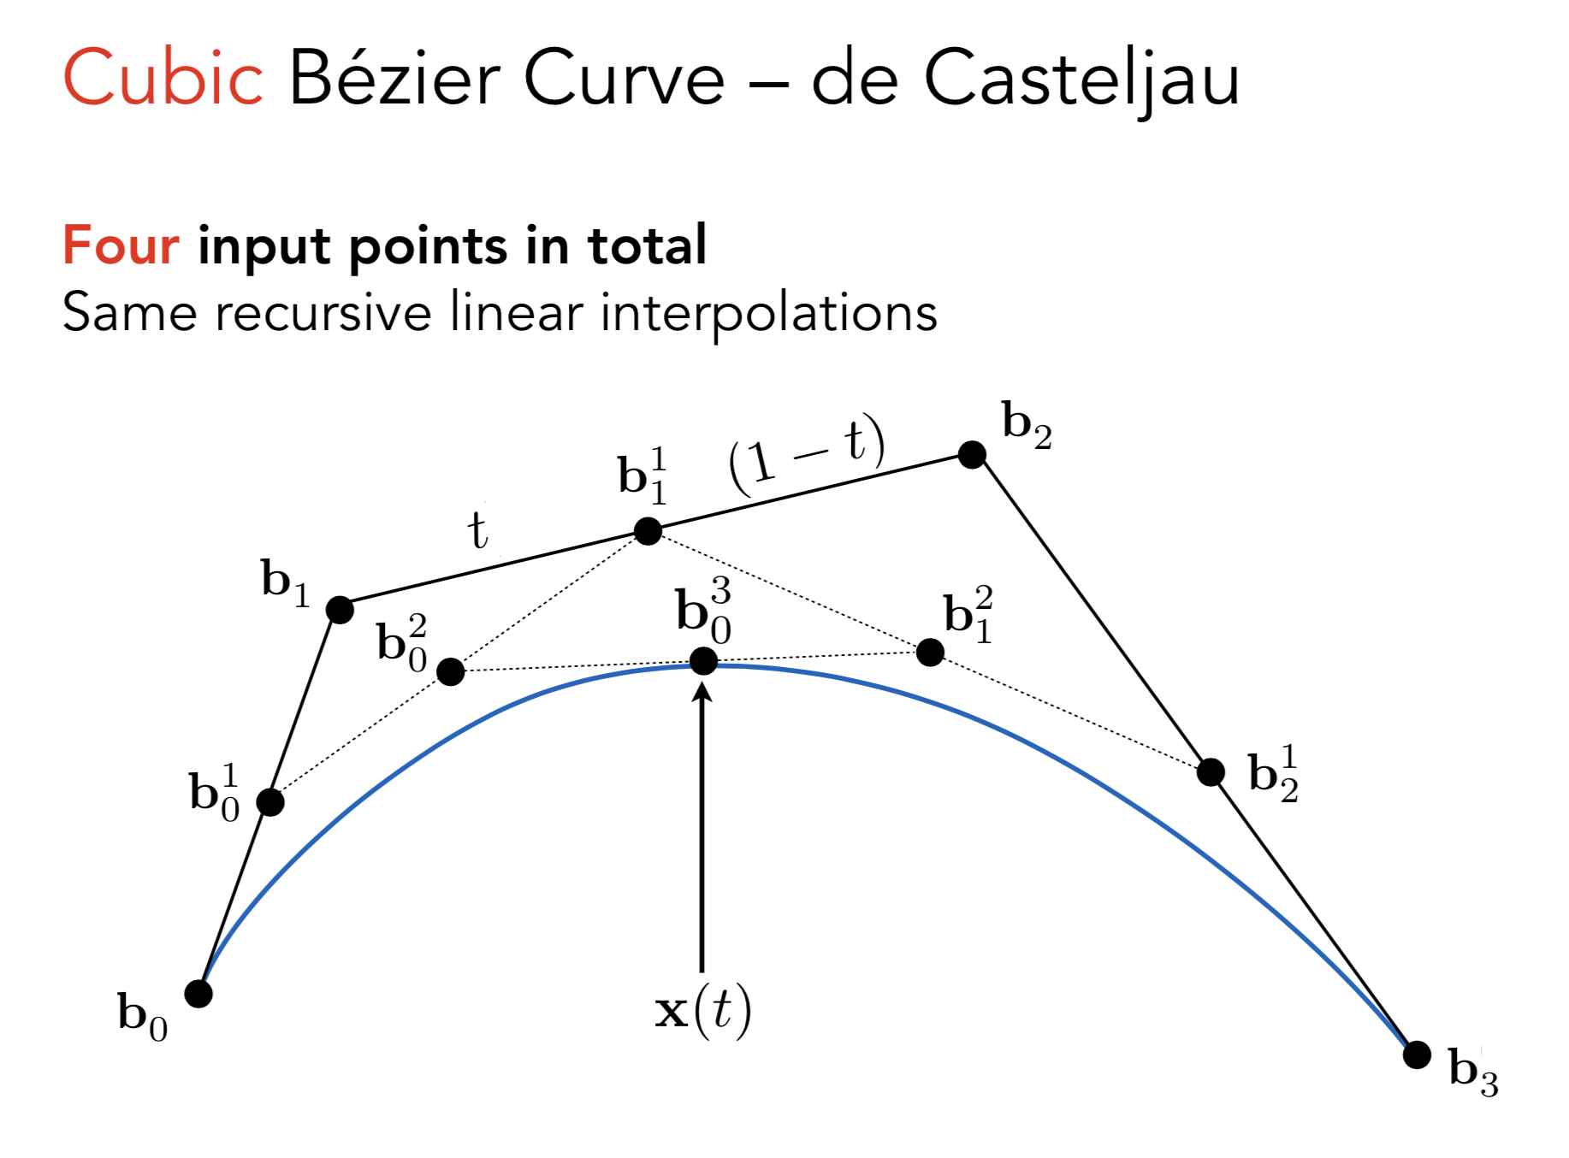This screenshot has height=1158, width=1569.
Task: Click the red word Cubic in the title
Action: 163,78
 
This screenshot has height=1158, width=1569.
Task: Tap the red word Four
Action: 121,245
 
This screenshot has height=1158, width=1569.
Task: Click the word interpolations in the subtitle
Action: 768,313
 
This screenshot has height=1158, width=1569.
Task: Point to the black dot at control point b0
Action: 198,994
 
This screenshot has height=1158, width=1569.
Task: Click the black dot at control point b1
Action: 340,610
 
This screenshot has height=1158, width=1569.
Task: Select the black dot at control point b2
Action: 972,454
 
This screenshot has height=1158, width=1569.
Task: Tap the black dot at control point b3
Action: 1417,1055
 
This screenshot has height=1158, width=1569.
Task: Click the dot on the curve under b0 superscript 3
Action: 703,660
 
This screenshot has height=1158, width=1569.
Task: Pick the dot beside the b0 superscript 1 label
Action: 270,802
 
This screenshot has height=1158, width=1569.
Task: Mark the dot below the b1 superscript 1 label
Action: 648,531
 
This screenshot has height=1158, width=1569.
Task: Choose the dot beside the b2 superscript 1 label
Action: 1211,772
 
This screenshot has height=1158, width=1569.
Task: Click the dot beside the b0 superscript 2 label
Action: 451,671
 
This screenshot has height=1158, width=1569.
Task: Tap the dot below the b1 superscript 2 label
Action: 930,653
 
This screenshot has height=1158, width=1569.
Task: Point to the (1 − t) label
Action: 806,453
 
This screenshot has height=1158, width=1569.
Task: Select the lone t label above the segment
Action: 478,530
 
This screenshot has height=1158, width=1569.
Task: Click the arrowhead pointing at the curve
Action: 702,691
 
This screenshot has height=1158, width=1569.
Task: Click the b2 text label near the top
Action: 1027,424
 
